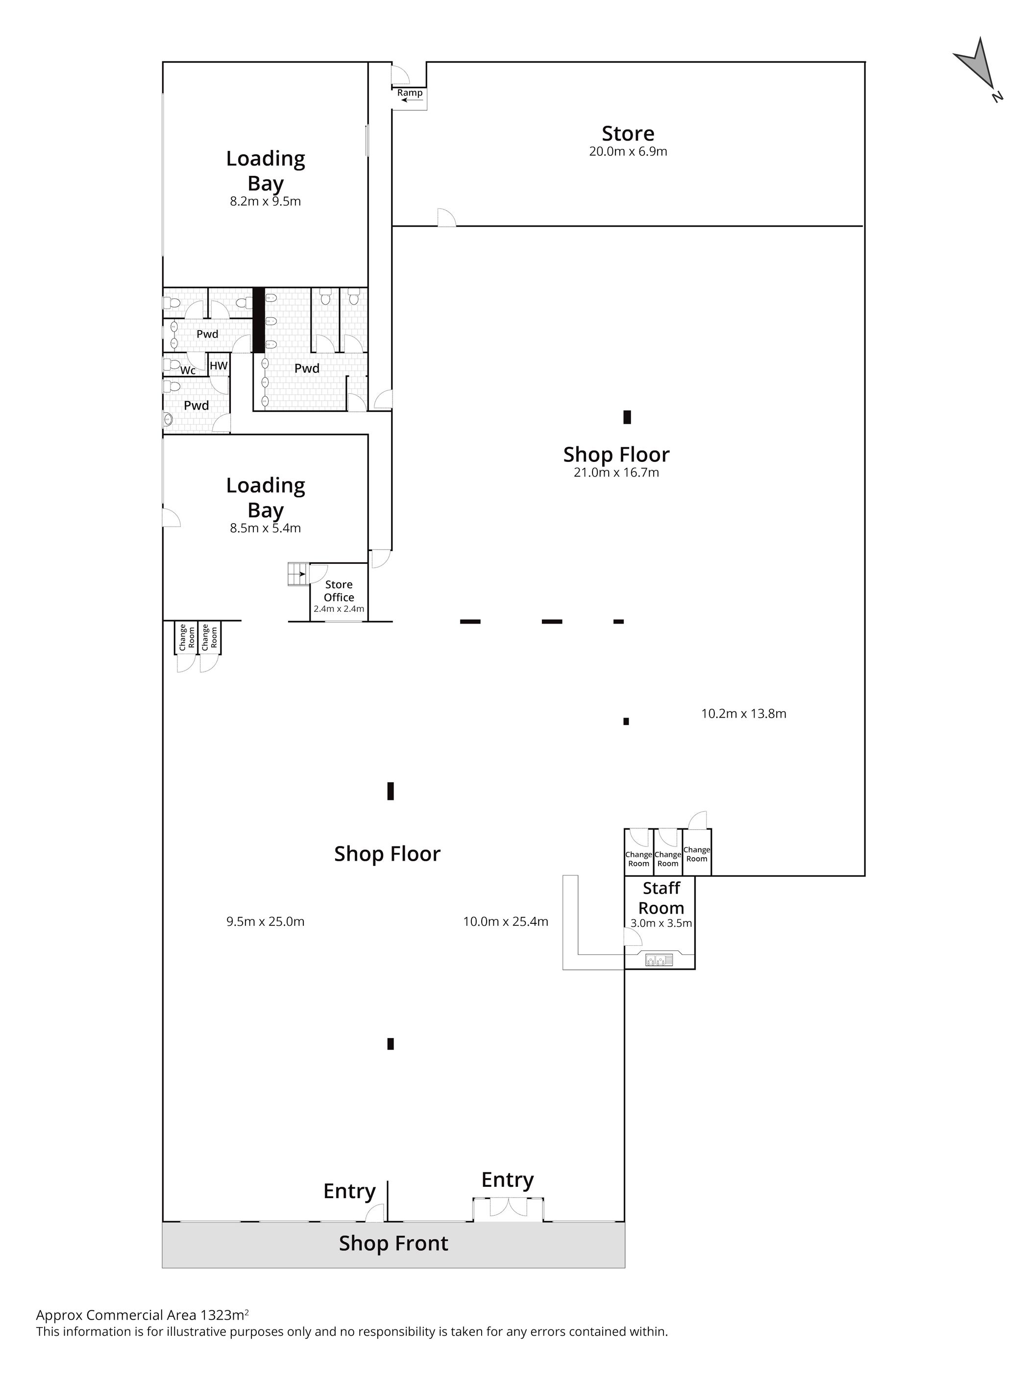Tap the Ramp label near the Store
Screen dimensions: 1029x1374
410,93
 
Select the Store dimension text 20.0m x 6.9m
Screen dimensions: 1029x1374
628,151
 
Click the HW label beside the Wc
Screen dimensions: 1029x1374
218,365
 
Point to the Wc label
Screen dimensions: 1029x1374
188,370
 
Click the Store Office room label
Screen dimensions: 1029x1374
339,590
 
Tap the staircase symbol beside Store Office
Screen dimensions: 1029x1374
297,573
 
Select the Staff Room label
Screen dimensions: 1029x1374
661,897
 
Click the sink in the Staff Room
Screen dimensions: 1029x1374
659,960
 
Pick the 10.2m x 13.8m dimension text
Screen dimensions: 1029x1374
743,714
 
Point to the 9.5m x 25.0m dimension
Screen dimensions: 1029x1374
265,921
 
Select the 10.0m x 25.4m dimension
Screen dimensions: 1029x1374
505,921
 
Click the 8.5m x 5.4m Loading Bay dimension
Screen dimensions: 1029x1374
265,528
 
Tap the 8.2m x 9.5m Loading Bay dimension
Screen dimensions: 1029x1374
265,201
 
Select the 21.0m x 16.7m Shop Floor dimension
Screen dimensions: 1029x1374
616,472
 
